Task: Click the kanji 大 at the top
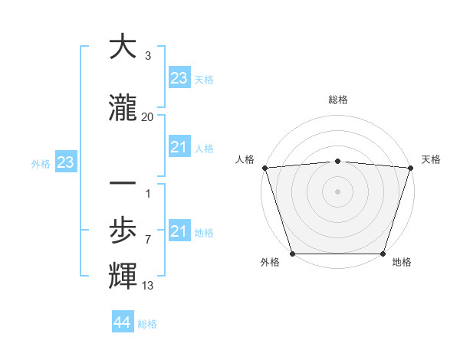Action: point(123,47)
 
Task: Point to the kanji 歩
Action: point(123,231)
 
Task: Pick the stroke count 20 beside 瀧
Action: point(147,117)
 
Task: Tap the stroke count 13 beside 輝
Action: point(148,286)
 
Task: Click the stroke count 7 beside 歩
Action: point(147,240)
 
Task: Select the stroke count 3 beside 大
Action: point(147,56)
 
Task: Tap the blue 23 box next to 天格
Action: point(179,77)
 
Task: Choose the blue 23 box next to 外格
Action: point(65,162)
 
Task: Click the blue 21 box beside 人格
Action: point(179,146)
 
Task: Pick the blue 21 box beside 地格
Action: point(179,231)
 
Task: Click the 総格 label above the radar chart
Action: point(337,100)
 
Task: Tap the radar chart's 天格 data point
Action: point(410,168)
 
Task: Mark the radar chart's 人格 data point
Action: point(264,168)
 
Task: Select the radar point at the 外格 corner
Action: point(292,254)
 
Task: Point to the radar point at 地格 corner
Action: point(383,254)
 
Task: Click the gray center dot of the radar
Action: point(337,191)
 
